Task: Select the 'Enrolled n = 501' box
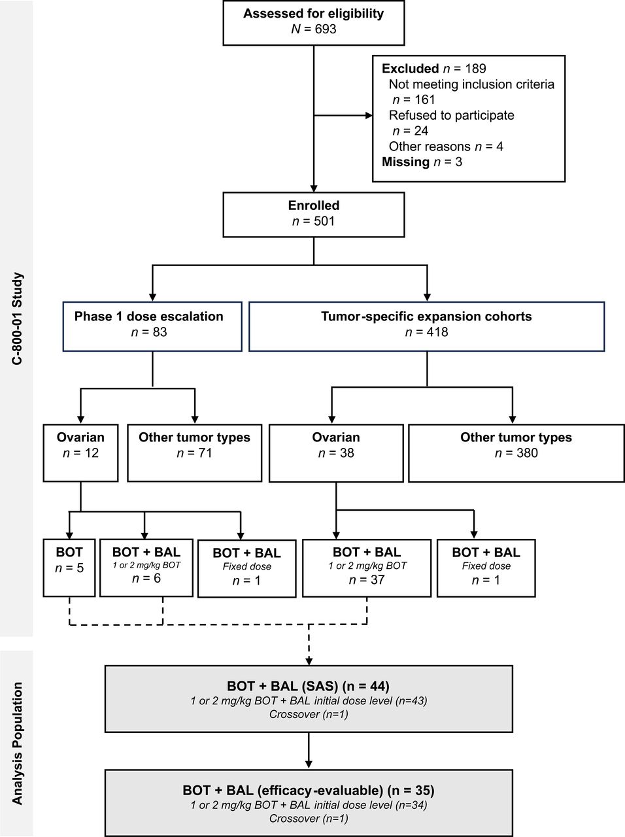(x=313, y=214)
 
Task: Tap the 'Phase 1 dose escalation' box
(x=152, y=326)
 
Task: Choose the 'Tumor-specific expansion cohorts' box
(x=426, y=326)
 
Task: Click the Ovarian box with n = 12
(x=80, y=452)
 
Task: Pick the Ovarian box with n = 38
(x=335, y=453)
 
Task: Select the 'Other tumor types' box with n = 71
(x=194, y=452)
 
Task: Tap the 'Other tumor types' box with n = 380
(x=516, y=453)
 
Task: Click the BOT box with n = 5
(x=69, y=567)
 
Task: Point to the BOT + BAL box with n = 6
(x=146, y=566)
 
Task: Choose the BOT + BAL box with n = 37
(x=366, y=567)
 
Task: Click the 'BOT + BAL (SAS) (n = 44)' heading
(x=308, y=686)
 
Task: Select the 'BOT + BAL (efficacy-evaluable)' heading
(x=308, y=791)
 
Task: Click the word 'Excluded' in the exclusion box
(x=410, y=69)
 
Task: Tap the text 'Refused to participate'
(x=451, y=115)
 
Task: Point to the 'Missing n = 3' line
(x=422, y=162)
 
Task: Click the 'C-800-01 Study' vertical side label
(x=18, y=318)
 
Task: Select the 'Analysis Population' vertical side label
(x=18, y=743)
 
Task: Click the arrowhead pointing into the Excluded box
(x=368, y=116)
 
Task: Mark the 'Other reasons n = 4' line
(x=446, y=146)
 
